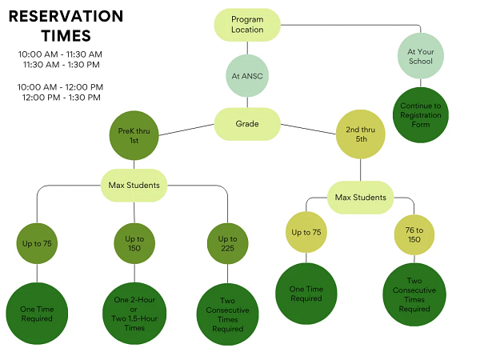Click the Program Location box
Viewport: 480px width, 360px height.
(247, 25)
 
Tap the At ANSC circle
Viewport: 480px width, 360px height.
(247, 77)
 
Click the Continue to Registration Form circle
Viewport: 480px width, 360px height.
(421, 115)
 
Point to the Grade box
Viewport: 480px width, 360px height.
(247, 124)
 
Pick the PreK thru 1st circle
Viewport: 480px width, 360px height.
(134, 137)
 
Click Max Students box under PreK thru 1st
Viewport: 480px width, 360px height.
(134, 186)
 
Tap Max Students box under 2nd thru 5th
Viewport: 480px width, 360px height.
(360, 197)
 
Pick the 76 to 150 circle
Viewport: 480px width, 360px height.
(414, 235)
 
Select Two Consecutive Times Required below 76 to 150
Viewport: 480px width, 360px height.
(414, 294)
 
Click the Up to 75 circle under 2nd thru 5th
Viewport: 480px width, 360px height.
(307, 233)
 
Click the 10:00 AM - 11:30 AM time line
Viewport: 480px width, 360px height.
(60, 54)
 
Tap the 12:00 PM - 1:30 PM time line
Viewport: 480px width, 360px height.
(61, 98)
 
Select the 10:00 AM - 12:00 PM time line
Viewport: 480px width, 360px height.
(60, 87)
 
